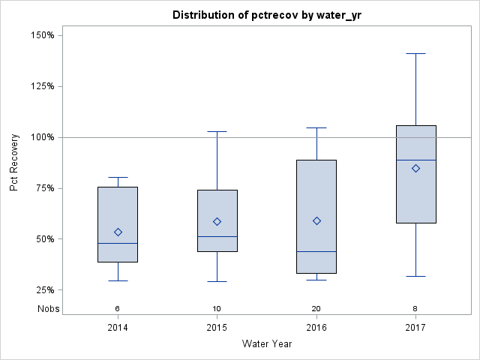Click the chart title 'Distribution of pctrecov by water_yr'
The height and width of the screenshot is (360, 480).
tap(266, 15)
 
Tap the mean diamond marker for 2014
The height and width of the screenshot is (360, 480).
tap(118, 232)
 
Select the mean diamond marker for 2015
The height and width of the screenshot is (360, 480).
tap(217, 221)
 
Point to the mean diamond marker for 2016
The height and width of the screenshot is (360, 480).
tap(316, 220)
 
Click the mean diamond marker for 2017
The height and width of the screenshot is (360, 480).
tap(415, 168)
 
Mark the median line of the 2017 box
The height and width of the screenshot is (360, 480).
tap(415, 160)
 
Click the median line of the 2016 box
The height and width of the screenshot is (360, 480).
tap(316, 251)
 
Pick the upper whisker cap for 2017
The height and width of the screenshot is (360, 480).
tap(415, 53)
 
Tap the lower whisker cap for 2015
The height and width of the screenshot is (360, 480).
tap(217, 281)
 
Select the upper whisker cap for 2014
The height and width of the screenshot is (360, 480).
tap(118, 177)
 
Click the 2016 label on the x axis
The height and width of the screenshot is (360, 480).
tap(316, 328)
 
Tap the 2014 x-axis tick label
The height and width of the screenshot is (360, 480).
tap(118, 328)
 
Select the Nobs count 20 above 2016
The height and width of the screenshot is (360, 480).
tap(316, 308)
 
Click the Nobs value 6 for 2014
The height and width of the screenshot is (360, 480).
tap(118, 308)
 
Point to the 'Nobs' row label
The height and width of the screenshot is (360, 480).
tap(48, 308)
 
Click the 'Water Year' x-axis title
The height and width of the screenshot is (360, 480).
tap(266, 344)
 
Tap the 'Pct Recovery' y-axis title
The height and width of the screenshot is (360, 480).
tap(14, 163)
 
